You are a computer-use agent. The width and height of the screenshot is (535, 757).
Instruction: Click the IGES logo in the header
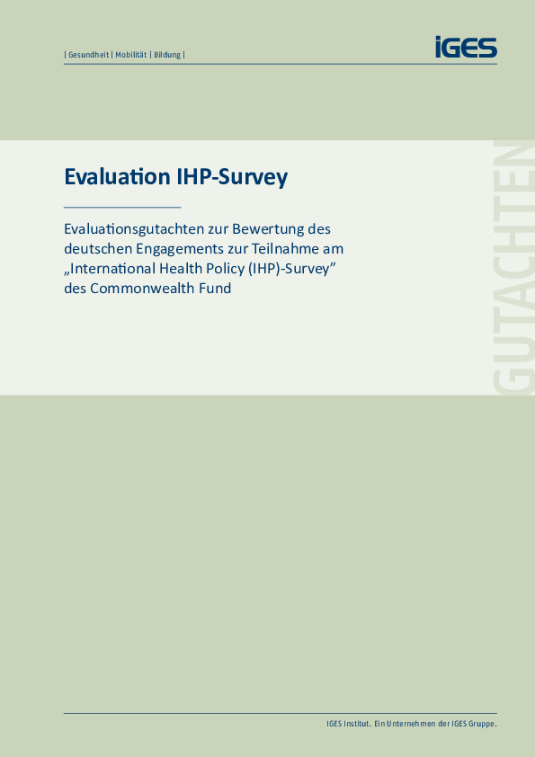tap(466, 47)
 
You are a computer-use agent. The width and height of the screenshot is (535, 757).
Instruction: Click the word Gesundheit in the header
tap(88, 55)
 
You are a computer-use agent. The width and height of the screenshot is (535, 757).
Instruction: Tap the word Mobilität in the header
tap(131, 55)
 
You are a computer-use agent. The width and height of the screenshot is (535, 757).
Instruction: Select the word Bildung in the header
tap(167, 55)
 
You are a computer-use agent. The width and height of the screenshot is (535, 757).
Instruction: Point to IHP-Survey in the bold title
tap(229, 178)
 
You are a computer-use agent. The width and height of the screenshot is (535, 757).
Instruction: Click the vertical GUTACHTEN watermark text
tap(513, 267)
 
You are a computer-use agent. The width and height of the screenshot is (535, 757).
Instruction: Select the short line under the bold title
tap(122, 207)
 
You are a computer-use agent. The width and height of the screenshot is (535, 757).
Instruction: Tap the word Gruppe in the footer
tap(484, 724)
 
